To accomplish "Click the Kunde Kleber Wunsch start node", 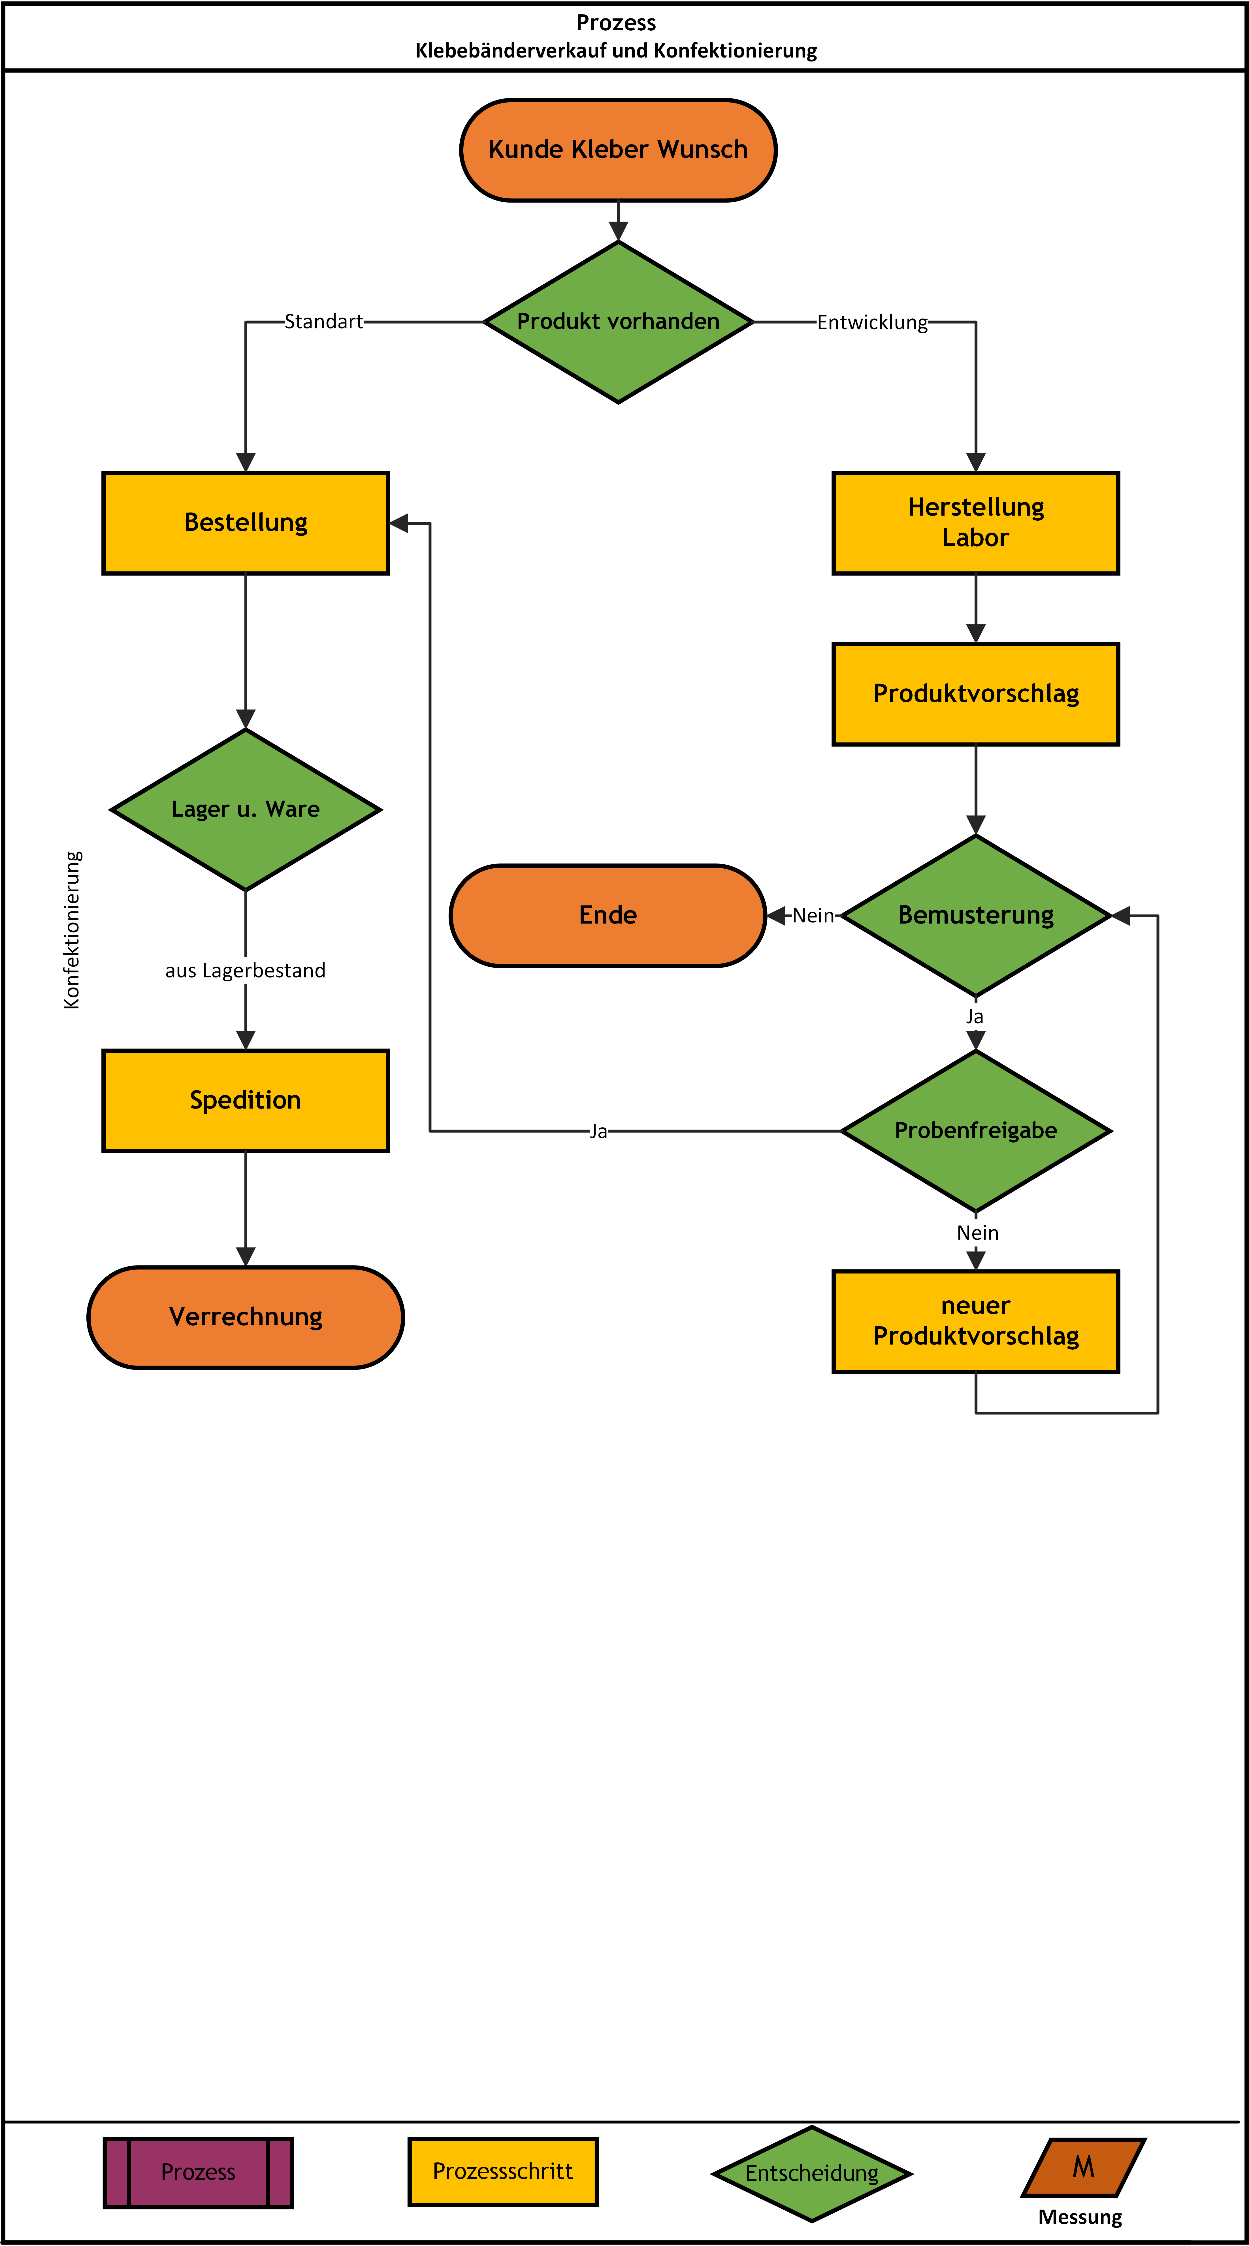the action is (x=618, y=150).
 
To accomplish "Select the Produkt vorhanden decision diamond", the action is (x=618, y=322).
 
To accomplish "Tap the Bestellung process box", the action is (x=246, y=523).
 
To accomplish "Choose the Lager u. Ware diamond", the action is (x=246, y=810).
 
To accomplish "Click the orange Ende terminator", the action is (x=608, y=916).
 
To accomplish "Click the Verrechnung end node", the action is (x=246, y=1317).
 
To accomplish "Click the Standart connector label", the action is (x=323, y=322).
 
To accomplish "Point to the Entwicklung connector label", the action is (x=873, y=323).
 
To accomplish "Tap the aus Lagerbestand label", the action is (x=246, y=970).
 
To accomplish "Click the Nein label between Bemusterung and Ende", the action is (x=813, y=916).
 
